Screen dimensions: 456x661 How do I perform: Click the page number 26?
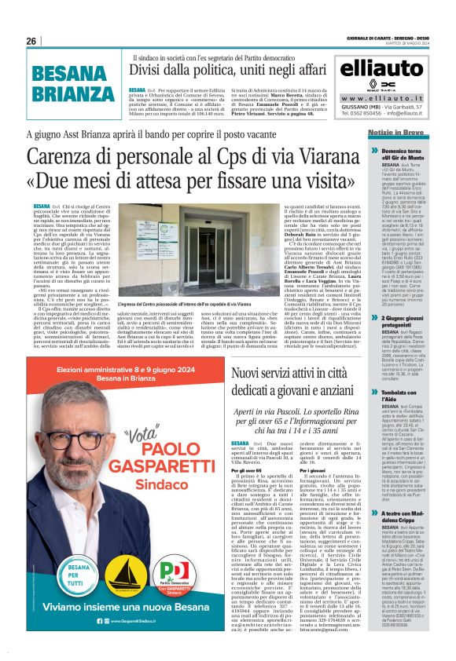[32, 41]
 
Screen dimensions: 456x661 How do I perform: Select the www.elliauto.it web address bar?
[380, 98]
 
